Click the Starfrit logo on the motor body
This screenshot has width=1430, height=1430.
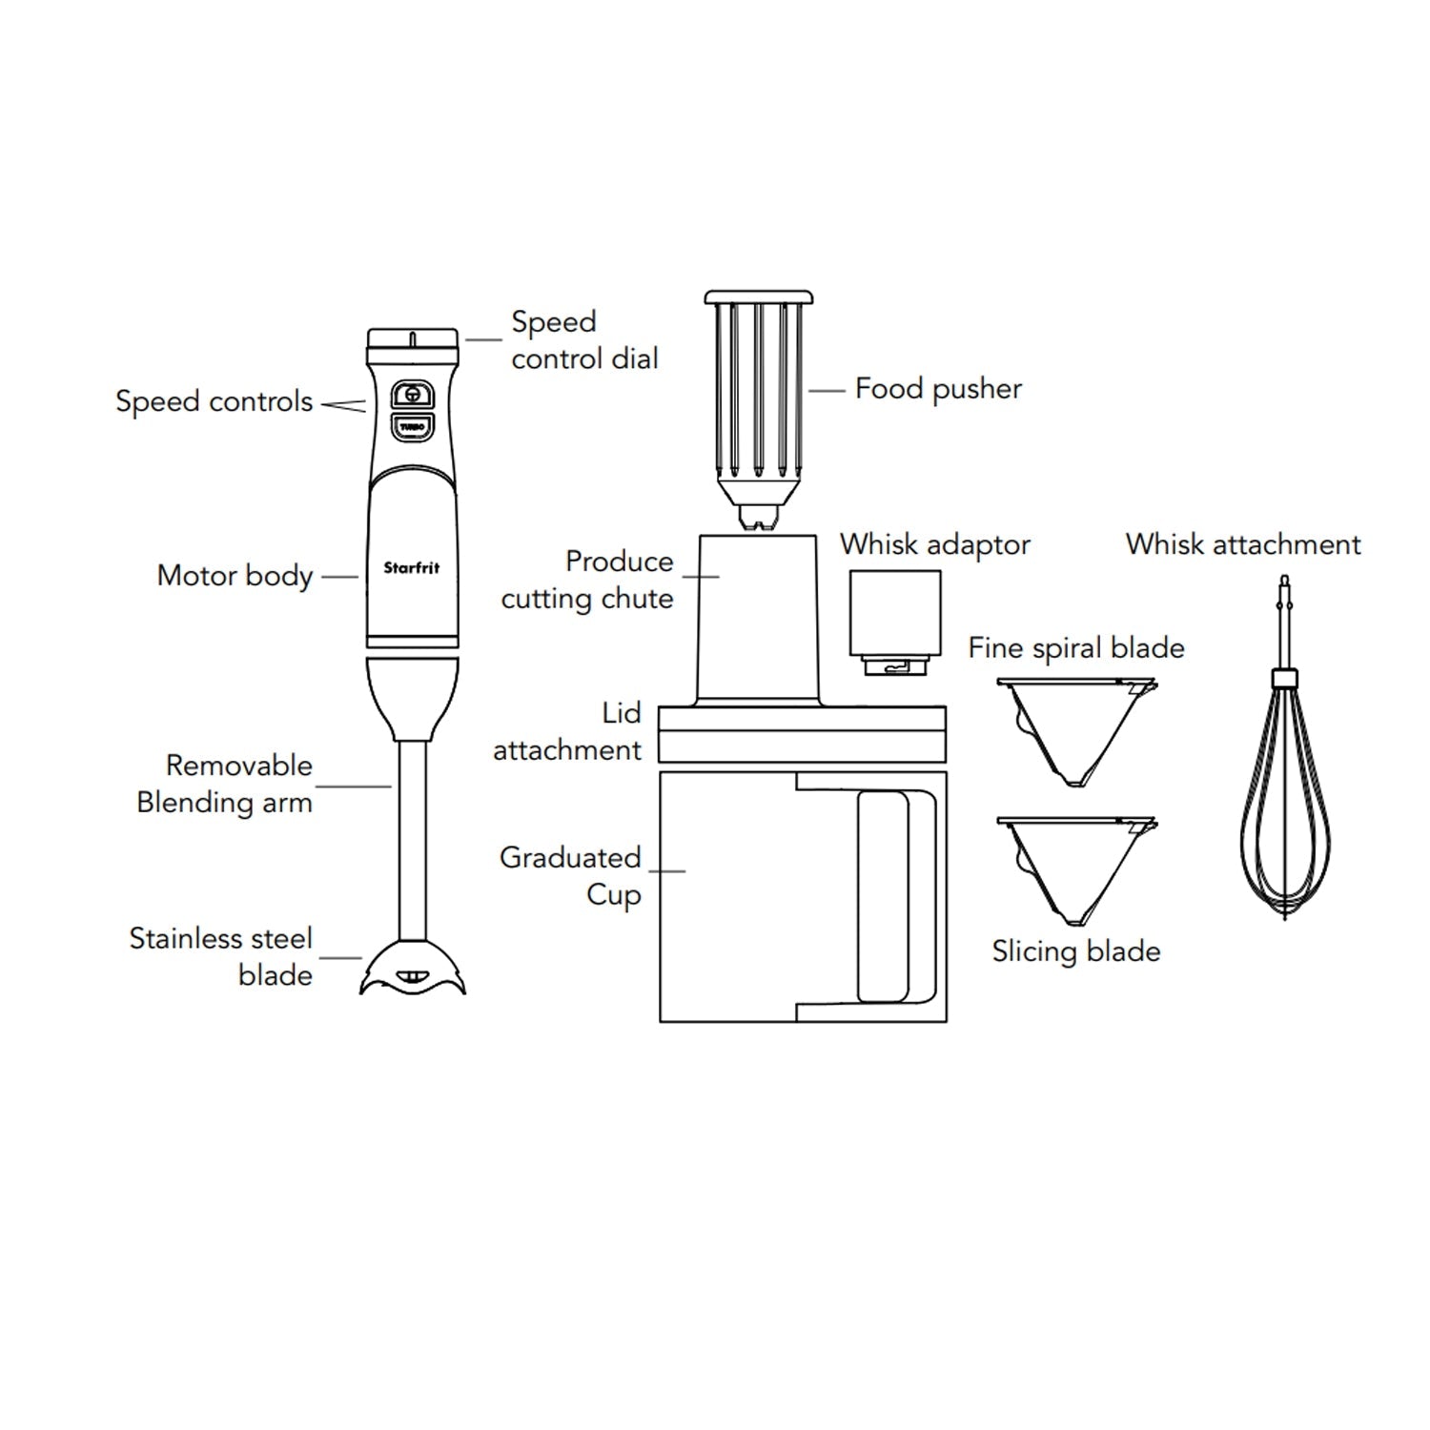(412, 567)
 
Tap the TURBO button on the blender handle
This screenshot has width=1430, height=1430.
(412, 427)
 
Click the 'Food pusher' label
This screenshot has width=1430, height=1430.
(938, 389)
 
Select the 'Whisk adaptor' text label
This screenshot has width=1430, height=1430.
(935, 544)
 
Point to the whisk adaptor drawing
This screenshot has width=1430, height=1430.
(895, 623)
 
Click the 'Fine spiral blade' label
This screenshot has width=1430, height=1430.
(1076, 648)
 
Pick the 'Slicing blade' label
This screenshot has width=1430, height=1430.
(1076, 951)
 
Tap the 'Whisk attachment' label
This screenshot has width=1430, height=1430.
(1243, 544)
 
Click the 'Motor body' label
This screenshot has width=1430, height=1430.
(235, 576)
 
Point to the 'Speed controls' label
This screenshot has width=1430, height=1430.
(214, 401)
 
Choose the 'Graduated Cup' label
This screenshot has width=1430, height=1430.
(570, 876)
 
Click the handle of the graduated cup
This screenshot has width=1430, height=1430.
(896, 897)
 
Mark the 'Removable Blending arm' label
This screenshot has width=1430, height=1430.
(225, 784)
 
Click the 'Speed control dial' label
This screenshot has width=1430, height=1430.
(584, 340)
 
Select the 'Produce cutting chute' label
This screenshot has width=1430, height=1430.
(587, 580)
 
